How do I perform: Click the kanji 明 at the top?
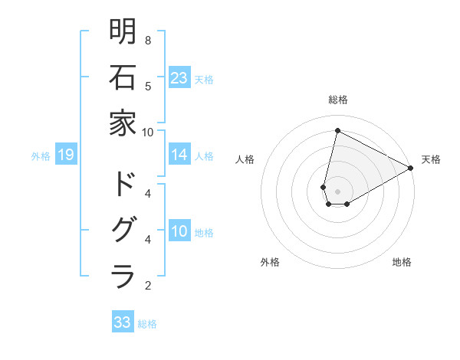[123, 32]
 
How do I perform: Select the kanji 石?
[123, 77]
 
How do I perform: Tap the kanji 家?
[123, 123]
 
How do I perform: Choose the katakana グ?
[123, 231]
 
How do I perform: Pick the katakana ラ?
[123, 276]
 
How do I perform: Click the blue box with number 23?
[179, 77]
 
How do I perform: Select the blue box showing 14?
[179, 155]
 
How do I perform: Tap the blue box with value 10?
[179, 232]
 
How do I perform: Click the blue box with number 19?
[65, 155]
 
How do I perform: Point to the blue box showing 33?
[123, 322]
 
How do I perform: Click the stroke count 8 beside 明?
[147, 40]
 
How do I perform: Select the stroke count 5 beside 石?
[147, 86]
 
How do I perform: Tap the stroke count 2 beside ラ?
[147, 286]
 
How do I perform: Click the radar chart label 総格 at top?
[337, 100]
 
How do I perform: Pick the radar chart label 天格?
[431, 159]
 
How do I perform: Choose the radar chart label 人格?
[245, 159]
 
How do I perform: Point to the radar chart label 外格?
[270, 262]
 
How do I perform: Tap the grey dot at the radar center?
[337, 191]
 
